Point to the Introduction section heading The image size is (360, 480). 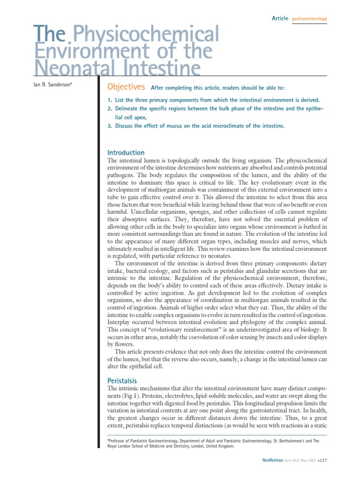[126, 153]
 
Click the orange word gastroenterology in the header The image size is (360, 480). [309, 19]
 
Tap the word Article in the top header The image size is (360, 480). [280, 18]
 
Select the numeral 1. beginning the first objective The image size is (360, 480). [110, 100]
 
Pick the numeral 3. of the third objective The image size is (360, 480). [110, 126]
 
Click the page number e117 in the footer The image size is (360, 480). [322, 461]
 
